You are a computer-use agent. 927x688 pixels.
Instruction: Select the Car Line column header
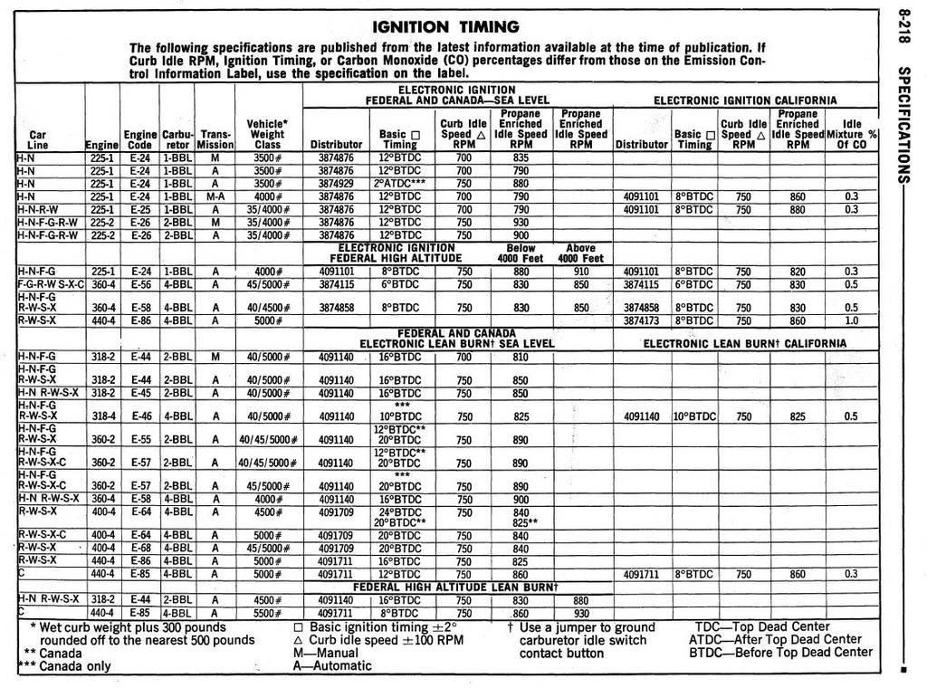point(38,139)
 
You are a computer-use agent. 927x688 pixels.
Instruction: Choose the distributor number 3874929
point(336,183)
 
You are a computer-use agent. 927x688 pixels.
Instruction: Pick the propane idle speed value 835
point(521,158)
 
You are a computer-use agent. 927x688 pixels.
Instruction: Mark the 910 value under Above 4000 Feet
point(580,271)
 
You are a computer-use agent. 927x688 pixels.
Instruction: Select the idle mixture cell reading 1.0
point(851,320)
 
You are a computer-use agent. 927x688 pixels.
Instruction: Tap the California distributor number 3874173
point(642,320)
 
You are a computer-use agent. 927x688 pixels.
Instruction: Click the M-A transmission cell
point(215,196)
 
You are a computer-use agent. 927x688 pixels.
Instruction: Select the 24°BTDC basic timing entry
point(399,511)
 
